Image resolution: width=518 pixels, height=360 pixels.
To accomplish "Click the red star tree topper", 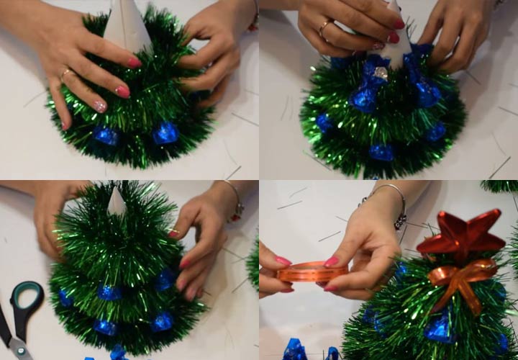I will pos(461,235).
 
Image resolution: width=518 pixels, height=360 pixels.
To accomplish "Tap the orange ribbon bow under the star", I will pos(463,277).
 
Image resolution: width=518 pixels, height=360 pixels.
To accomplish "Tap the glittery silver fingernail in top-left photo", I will pos(100,106).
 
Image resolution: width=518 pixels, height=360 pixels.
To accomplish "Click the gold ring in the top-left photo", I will pos(66,73).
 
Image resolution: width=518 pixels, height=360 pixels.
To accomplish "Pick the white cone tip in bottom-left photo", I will pos(117,201).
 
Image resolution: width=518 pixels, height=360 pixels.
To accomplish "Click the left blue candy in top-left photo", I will pos(106,136).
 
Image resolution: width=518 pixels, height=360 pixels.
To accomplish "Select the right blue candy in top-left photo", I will pos(165,133).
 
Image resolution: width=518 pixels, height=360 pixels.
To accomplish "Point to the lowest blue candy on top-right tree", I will pos(381,152).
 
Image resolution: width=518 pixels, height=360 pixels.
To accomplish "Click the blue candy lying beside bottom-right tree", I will pos(295,350).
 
